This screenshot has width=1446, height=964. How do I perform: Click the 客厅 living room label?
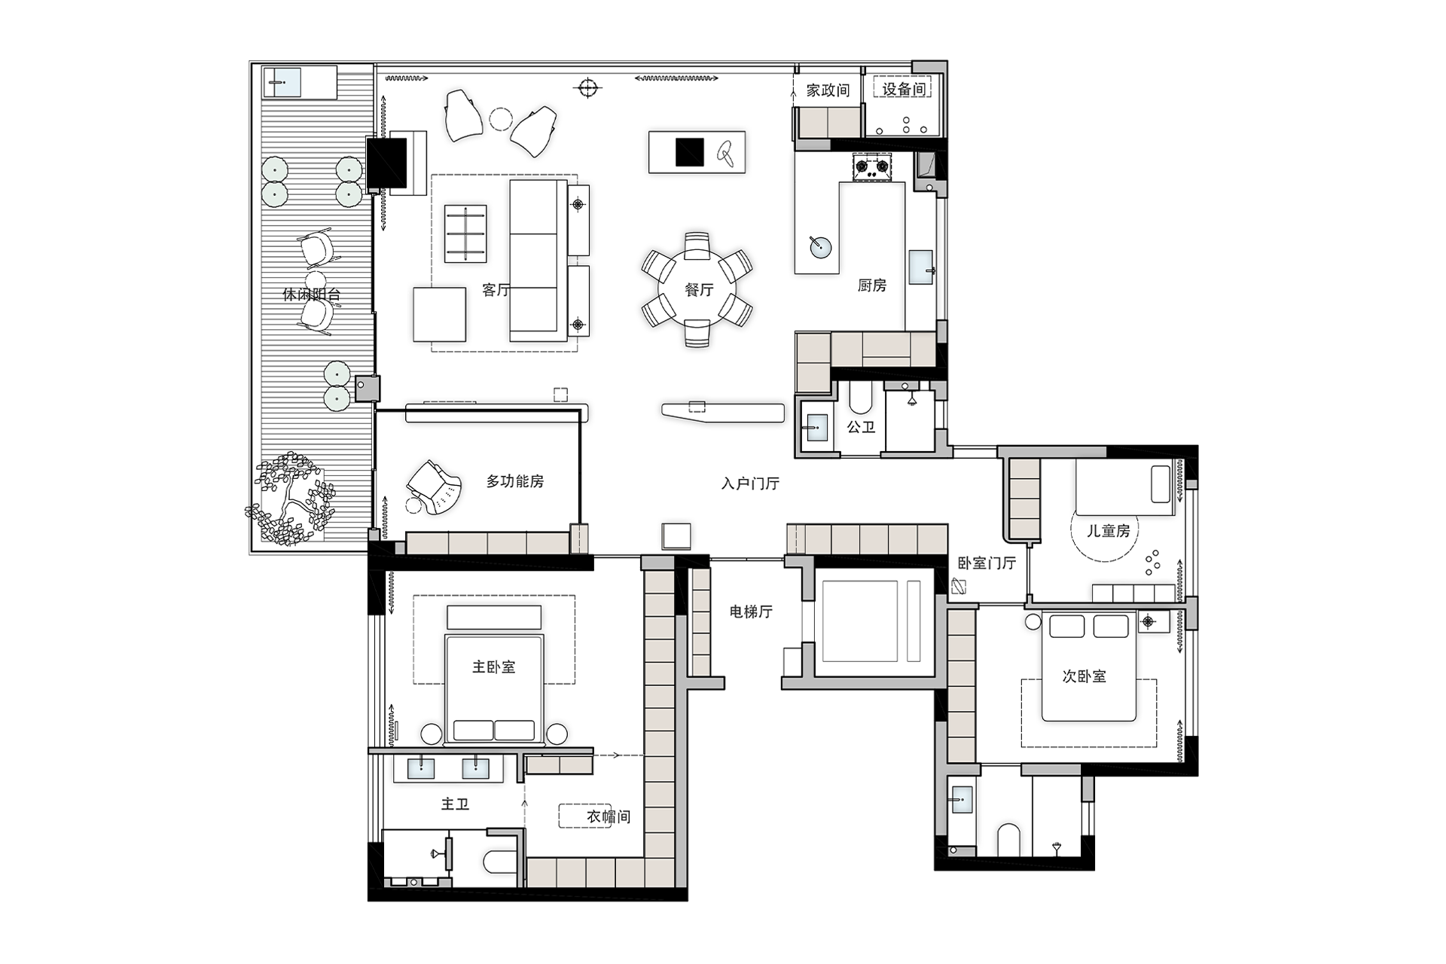496,290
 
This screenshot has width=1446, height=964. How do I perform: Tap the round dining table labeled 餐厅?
697,290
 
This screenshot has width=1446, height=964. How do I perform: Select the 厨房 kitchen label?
872,285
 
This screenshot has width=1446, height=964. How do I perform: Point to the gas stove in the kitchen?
872,167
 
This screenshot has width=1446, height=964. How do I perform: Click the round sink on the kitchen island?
820,246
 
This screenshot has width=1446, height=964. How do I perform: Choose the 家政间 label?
828,90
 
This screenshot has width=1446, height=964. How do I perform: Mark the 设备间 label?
904,89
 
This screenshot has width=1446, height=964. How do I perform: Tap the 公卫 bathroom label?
861,427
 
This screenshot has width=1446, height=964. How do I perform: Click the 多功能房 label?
514,480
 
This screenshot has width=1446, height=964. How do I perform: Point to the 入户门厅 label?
750,484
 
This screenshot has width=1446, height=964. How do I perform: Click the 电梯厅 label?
751,612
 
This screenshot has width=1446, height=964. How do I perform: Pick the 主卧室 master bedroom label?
493,667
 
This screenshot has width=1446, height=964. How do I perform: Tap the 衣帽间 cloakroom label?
609,816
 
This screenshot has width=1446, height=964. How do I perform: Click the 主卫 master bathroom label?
455,804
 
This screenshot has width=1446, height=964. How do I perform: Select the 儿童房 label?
1108,531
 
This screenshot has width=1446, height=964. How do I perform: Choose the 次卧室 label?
1084,676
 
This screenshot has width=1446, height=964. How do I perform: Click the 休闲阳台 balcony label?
311,294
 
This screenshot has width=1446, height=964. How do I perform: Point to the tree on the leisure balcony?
291,499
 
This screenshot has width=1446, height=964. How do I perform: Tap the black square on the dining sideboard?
689,152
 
